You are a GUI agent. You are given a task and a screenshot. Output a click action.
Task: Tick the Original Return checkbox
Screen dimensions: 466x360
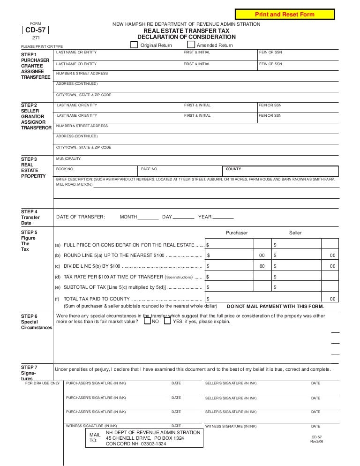[x=134, y=45]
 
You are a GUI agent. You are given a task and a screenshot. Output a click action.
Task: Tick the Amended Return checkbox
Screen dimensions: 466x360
[x=191, y=45]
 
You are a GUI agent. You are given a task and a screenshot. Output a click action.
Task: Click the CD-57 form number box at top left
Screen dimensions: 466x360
[x=35, y=30]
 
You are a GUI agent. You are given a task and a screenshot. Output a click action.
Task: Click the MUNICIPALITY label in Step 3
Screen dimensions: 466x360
[x=68, y=158]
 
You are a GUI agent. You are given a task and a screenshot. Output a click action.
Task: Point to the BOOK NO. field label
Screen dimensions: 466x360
[x=65, y=169]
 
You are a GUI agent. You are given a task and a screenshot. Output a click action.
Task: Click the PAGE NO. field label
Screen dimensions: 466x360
[x=150, y=169]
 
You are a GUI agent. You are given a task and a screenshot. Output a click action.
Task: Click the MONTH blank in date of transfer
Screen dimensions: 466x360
[x=149, y=217]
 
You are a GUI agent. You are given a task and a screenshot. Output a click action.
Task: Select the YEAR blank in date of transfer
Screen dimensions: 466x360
[x=223, y=217]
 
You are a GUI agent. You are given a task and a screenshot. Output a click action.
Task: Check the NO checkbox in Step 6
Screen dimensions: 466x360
[x=147, y=322]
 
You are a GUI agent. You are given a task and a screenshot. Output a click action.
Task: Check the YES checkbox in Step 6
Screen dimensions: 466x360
[x=167, y=322]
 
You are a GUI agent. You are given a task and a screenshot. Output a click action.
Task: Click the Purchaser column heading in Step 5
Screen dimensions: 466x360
[x=237, y=233]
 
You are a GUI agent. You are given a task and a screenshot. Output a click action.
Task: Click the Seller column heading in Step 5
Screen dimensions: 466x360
[x=295, y=233]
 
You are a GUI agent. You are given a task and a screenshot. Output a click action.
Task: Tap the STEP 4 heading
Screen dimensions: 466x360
[x=29, y=211]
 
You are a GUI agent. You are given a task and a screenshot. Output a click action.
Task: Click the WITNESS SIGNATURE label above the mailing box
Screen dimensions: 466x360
[x=96, y=426]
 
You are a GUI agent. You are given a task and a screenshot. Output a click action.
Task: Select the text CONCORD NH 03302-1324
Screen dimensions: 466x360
[x=136, y=443]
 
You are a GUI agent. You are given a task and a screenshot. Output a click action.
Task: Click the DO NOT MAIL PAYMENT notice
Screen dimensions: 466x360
[x=275, y=306]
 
